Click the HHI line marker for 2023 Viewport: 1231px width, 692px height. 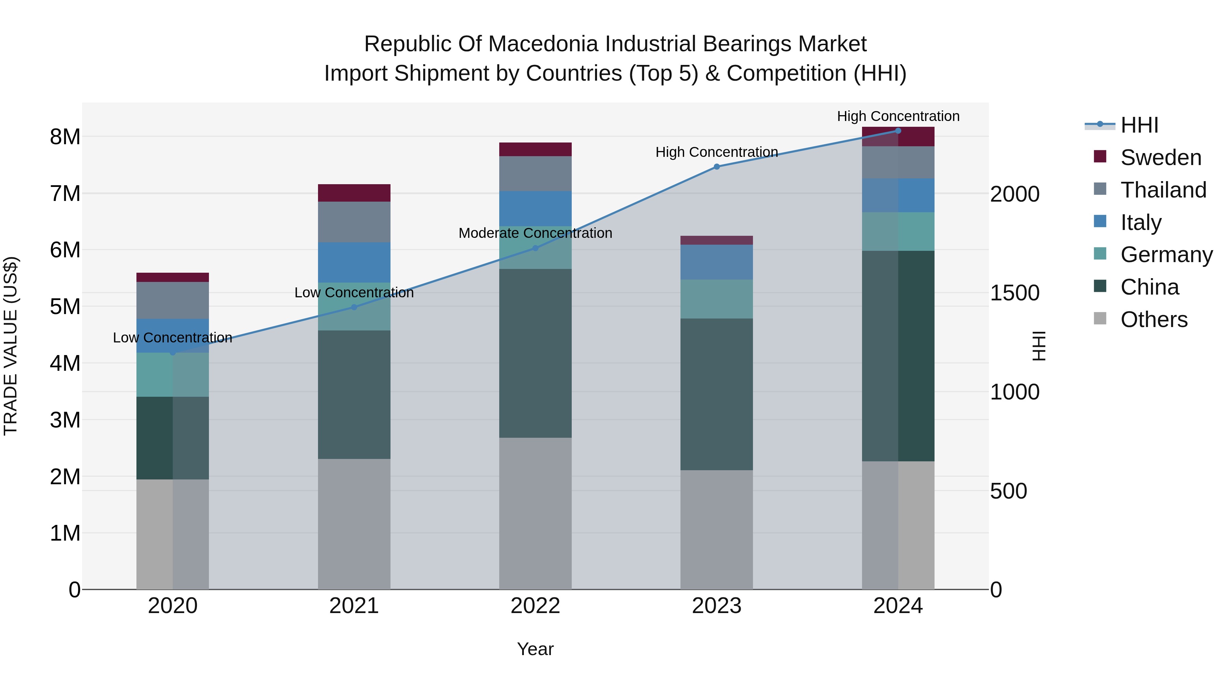[716, 167]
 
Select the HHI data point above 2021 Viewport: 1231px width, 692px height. [354, 307]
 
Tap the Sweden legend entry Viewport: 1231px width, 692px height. [1160, 158]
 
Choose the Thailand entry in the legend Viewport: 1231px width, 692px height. [1163, 190]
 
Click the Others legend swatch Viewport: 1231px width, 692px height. [1100, 318]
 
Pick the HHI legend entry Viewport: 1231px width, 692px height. [1139, 125]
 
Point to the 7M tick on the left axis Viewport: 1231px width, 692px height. [65, 193]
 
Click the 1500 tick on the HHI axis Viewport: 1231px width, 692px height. [1014, 293]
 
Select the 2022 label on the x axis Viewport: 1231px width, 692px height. [535, 606]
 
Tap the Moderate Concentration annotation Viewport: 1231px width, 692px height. [535, 233]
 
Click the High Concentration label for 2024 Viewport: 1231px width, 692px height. [898, 116]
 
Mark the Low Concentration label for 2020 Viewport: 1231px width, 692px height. [173, 338]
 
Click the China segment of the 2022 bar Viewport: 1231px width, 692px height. [535, 353]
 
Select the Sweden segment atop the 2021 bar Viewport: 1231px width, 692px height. [354, 193]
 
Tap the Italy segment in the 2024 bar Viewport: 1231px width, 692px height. [898, 195]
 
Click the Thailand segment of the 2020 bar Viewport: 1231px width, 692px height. [173, 300]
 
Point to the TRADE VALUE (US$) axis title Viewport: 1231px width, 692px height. [11, 346]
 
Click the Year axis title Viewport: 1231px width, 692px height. [535, 649]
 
